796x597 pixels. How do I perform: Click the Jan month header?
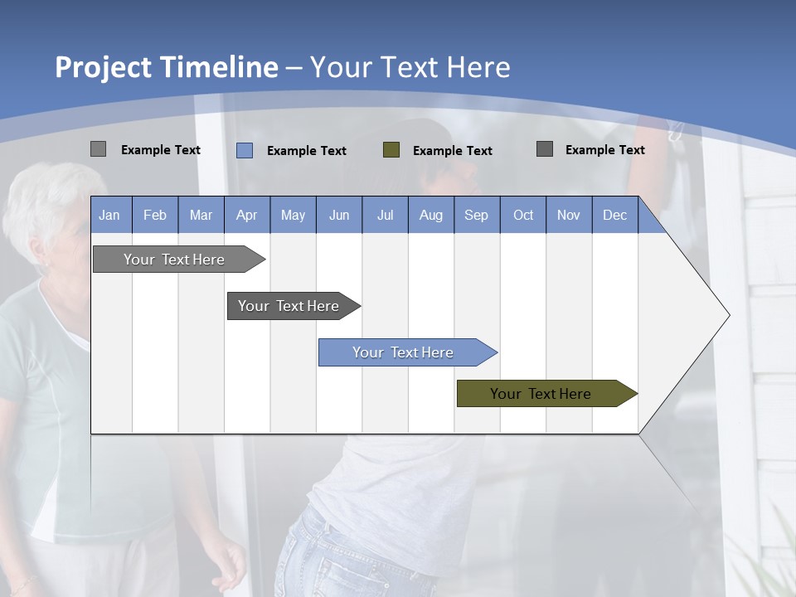point(110,215)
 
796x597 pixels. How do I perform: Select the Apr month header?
point(247,215)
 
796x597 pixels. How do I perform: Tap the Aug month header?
point(431,215)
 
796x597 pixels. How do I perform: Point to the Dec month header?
point(615,215)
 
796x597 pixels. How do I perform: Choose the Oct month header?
point(523,215)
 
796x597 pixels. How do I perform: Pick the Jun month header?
point(339,215)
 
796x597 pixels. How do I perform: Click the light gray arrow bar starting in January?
point(175,260)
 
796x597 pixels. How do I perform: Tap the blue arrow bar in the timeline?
point(404,352)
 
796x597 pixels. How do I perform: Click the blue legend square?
point(245,150)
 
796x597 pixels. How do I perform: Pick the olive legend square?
point(391,150)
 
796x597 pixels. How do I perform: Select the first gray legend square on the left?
point(99,149)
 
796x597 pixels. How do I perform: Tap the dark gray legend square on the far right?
point(545,149)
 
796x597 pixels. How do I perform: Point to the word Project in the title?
point(104,67)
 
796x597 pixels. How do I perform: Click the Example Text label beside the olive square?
point(453,151)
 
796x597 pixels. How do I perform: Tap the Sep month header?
point(477,215)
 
